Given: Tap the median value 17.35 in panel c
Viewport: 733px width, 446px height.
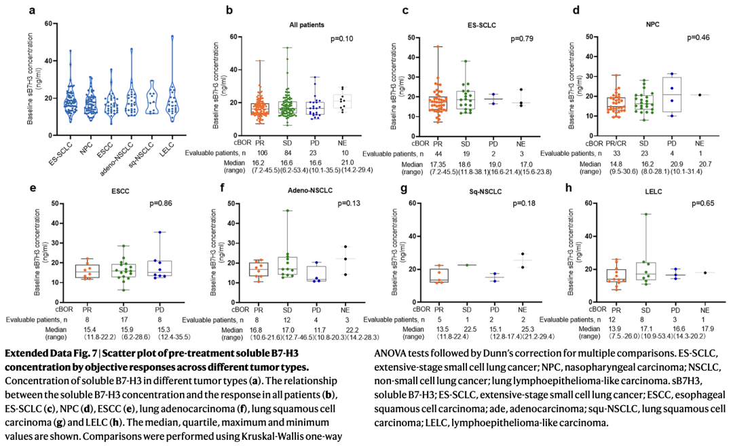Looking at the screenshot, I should coord(437,165).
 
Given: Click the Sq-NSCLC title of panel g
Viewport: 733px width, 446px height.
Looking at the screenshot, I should coord(469,191).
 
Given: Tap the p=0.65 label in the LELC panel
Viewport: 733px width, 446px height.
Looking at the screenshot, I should coord(704,203).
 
